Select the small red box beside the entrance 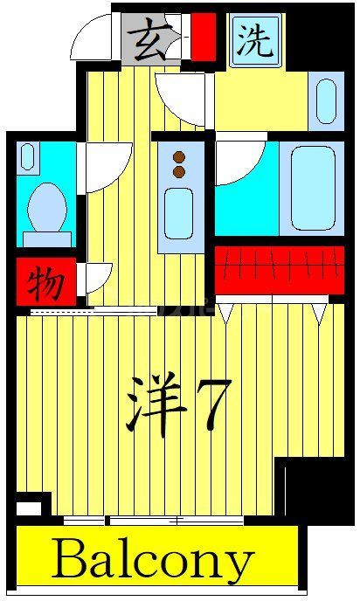coord(204,35)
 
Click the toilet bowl coord(47,206)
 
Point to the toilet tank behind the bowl coord(47,238)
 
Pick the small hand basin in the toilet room coord(28,158)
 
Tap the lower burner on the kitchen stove coord(180,171)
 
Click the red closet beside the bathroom coord(278,271)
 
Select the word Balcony coord(155,561)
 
